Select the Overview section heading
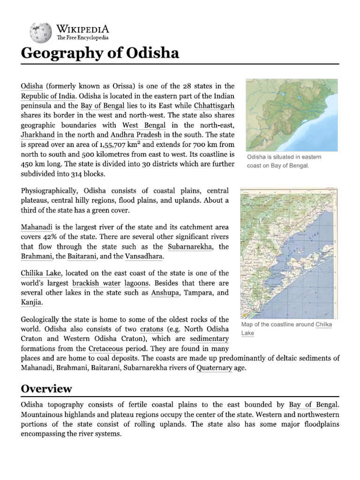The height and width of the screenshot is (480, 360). (46, 389)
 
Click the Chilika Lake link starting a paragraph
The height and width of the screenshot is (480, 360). (41, 273)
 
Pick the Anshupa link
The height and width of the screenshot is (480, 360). (166, 292)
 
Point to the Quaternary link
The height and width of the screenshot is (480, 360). (214, 368)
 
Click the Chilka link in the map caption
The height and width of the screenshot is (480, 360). (323, 324)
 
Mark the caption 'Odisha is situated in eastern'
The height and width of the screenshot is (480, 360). (284, 157)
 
